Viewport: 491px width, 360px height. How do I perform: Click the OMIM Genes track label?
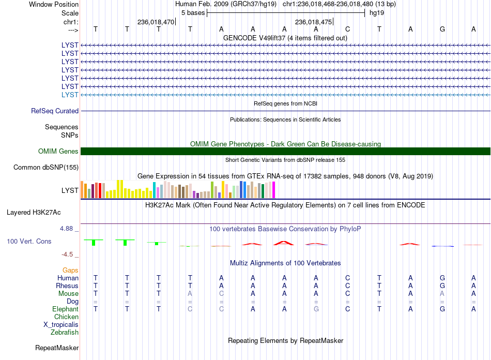tap(58, 152)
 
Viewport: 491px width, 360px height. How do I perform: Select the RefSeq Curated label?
tap(55, 111)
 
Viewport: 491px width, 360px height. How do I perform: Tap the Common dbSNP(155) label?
tap(46, 167)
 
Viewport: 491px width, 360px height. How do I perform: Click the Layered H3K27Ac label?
tap(34, 213)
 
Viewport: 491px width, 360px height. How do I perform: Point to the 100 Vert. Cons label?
tap(29, 241)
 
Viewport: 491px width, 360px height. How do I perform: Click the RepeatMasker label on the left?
tap(57, 348)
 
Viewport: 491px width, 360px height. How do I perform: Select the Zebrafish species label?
tap(65, 333)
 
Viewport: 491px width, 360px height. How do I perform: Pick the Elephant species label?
tap(65, 309)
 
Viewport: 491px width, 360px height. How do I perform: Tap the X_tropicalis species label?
tap(61, 325)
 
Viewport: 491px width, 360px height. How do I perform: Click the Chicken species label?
tap(66, 317)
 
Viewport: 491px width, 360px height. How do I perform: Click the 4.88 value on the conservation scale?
tap(66, 229)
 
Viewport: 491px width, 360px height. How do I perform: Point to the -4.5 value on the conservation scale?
tap(67, 254)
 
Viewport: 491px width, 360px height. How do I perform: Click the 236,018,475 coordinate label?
tap(313, 22)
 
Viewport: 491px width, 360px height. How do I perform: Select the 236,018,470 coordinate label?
tap(156, 22)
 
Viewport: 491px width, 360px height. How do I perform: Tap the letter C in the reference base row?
tap(348, 29)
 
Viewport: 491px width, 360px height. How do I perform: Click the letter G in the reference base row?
tap(442, 29)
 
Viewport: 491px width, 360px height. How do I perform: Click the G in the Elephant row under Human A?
tap(316, 309)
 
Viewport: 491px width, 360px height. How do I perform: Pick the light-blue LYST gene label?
tap(70, 95)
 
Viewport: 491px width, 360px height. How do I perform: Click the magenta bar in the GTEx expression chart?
tap(274, 190)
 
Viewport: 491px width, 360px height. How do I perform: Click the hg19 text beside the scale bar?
tap(377, 13)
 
